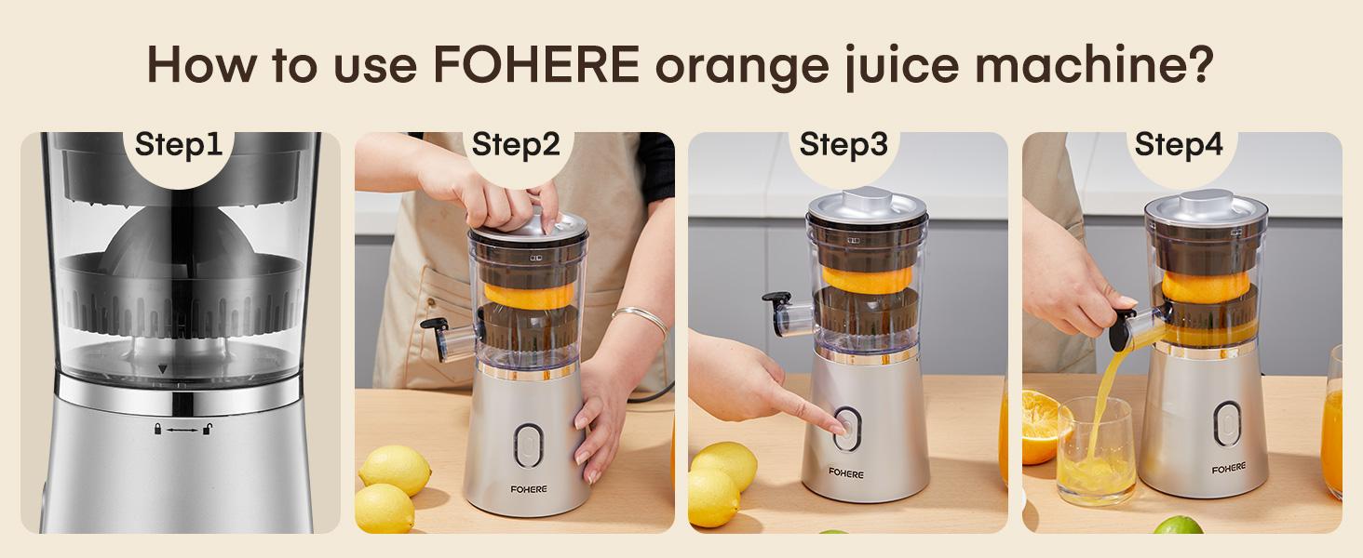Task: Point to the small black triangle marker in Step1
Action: pyautogui.click(x=164, y=369)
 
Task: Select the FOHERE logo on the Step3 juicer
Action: pyautogui.click(x=846, y=473)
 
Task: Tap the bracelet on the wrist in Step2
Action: pyautogui.click(x=641, y=321)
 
